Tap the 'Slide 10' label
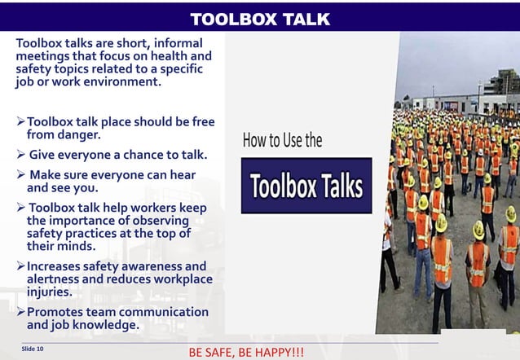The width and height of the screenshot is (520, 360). [x=33, y=349]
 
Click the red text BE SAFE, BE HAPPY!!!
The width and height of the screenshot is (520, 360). [x=245, y=353]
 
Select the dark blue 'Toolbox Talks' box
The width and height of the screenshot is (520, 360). [x=306, y=186]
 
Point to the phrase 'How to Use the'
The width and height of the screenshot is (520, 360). [x=282, y=141]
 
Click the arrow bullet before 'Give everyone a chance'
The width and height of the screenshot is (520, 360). [x=22, y=154]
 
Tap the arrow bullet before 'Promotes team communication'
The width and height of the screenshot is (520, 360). [x=21, y=312]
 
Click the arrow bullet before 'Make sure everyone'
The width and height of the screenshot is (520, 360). [x=22, y=174]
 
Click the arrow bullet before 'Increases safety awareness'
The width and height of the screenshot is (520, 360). [x=21, y=266]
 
